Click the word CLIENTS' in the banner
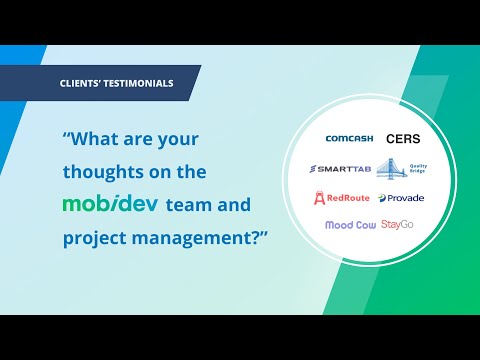(x=82, y=83)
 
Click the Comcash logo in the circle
(x=349, y=139)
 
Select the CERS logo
(x=404, y=139)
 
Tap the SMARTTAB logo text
(x=342, y=168)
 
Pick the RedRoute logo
(x=346, y=197)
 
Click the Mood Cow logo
(x=350, y=225)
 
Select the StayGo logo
(x=398, y=225)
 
